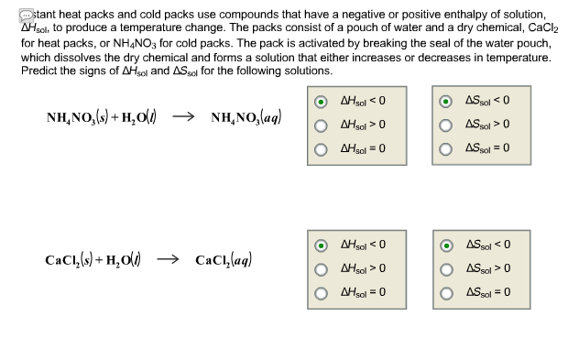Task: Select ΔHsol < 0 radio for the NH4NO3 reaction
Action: click(x=322, y=102)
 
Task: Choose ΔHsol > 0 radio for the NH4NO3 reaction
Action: click(x=322, y=125)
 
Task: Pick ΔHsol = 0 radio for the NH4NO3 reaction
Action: click(x=322, y=147)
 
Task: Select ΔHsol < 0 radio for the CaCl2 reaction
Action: click(x=322, y=245)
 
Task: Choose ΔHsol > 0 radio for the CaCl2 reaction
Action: click(x=322, y=269)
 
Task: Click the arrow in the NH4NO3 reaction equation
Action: click(x=183, y=118)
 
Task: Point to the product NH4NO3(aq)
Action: click(x=246, y=118)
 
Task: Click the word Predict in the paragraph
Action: click(x=38, y=71)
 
